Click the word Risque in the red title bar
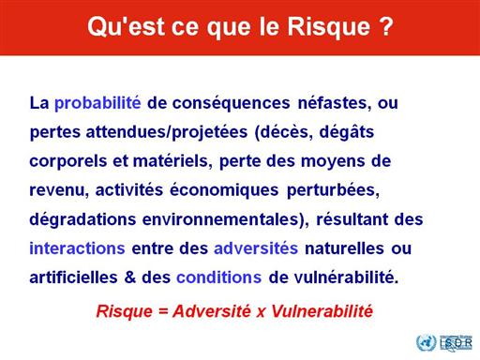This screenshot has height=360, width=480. [x=328, y=28]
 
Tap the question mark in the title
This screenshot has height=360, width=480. [x=386, y=26]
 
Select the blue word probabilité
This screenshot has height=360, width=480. [x=97, y=104]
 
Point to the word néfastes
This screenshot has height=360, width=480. [x=335, y=103]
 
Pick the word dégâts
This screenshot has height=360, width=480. [x=347, y=132]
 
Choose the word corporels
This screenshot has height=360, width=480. [x=67, y=162]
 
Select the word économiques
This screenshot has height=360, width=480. [x=224, y=190]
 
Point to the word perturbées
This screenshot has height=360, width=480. [x=333, y=190]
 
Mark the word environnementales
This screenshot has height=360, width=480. [x=220, y=219]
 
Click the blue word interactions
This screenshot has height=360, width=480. [x=77, y=248]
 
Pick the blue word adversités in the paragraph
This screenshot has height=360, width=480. [x=256, y=248]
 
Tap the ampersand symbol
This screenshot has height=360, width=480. [x=130, y=277]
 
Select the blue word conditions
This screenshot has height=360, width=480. [x=219, y=277]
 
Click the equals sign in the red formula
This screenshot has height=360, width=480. [x=163, y=311]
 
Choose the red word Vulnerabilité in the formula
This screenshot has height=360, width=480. [x=322, y=311]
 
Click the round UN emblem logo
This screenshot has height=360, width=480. [x=426, y=342]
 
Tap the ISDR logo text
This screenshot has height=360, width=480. [x=456, y=343]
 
